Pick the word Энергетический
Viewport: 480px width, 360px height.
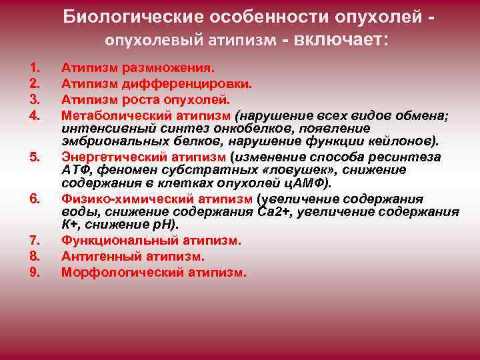point(113,157)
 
